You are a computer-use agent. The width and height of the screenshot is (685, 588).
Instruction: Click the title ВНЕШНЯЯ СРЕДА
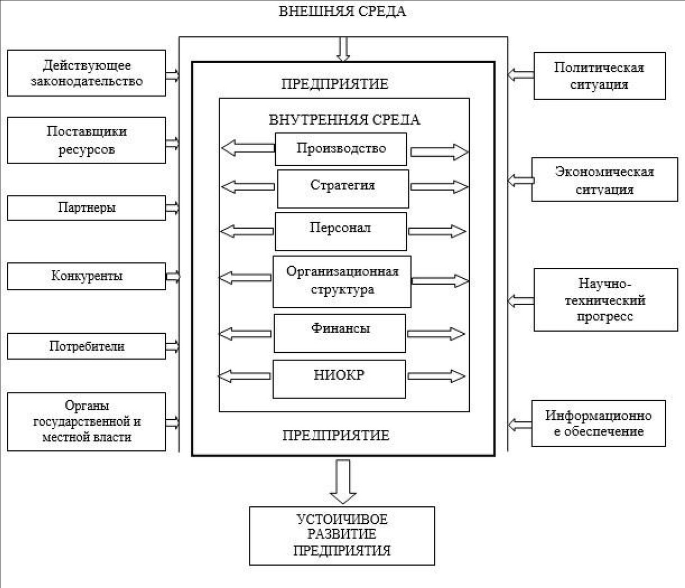[x=342, y=11]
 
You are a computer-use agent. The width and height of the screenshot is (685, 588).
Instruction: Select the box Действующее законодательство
[x=87, y=73]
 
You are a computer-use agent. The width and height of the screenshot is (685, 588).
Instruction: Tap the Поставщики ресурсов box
[x=87, y=140]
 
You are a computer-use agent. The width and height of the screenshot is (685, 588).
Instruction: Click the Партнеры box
[x=87, y=208]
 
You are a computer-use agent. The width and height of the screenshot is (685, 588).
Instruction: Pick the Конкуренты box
[x=87, y=276]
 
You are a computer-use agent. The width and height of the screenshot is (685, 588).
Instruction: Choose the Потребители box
[x=87, y=346]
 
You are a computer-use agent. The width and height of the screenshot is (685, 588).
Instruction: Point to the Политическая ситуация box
[x=599, y=76]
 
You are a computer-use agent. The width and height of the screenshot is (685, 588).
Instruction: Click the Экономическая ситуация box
[x=604, y=180]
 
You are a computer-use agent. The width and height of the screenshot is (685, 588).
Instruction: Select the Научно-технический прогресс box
[x=606, y=299]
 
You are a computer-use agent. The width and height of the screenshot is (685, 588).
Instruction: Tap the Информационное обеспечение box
[x=598, y=424]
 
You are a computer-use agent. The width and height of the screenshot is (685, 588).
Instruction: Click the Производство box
[x=341, y=149]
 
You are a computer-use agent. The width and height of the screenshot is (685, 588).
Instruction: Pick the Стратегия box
[x=343, y=189]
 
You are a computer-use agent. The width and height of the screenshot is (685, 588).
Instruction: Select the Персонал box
[x=341, y=231]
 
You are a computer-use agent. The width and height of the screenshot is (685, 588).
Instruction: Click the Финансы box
[x=340, y=333]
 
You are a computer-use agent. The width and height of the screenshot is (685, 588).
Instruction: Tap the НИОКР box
[x=339, y=379]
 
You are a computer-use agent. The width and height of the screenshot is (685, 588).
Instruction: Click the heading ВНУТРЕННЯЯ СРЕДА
[x=344, y=120]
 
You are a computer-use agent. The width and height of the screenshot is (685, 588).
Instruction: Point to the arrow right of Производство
[x=439, y=152]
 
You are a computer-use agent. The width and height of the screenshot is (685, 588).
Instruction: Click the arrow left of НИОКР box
[x=244, y=376]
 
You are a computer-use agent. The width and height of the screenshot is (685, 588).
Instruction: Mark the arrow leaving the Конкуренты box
[x=173, y=277]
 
